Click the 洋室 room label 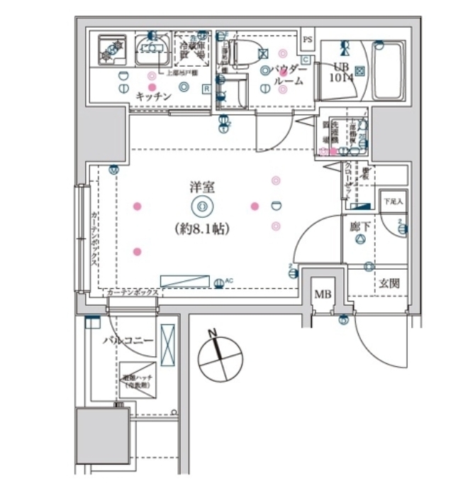coord(202,187)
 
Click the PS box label coord(307,40)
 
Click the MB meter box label coord(323,294)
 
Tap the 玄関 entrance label coord(389,282)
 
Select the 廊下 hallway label coord(359,227)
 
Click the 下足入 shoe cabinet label coord(393,202)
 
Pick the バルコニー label coord(128,341)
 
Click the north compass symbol coord(219,357)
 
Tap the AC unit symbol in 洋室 coord(186,280)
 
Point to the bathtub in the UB coord(389,70)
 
